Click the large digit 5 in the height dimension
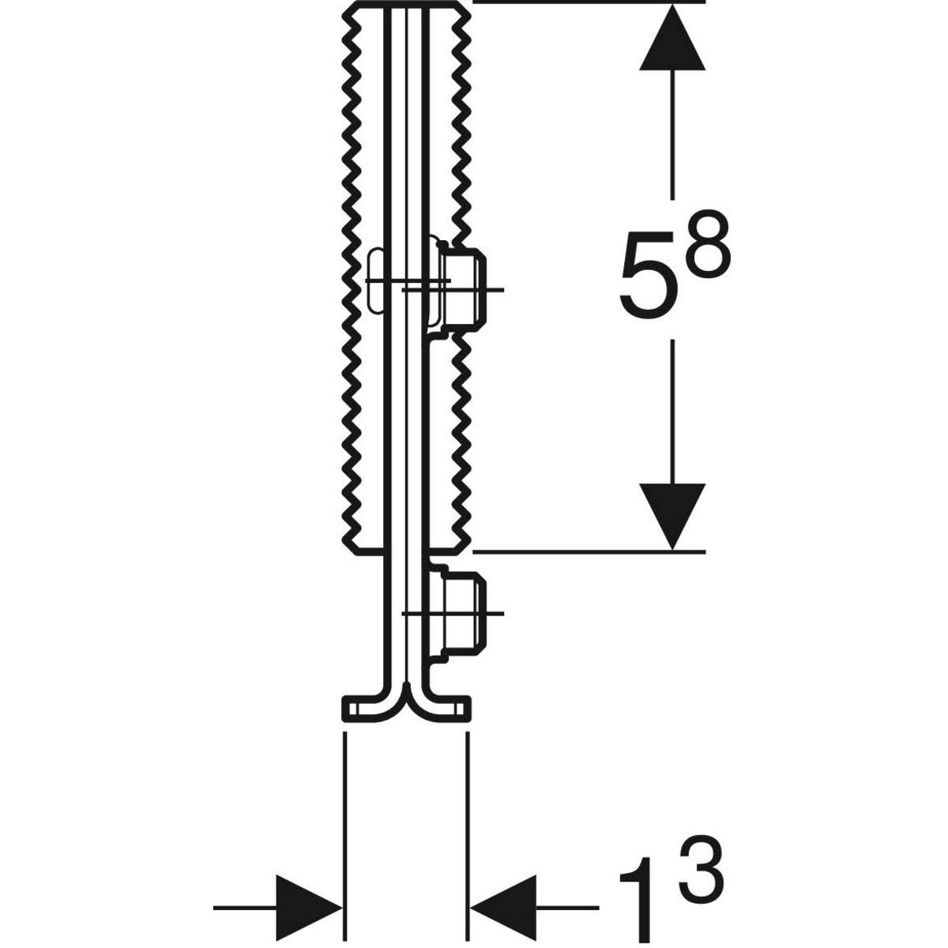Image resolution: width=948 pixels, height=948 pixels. click(649, 273)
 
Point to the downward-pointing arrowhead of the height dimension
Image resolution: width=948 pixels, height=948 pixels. click(672, 517)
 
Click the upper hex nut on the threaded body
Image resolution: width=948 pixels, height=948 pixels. click(462, 290)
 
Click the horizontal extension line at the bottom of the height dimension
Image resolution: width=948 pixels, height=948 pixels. click(589, 552)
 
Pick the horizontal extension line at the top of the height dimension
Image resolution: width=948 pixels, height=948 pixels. click(589, 2)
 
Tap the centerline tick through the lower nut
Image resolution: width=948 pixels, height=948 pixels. click(453, 614)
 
